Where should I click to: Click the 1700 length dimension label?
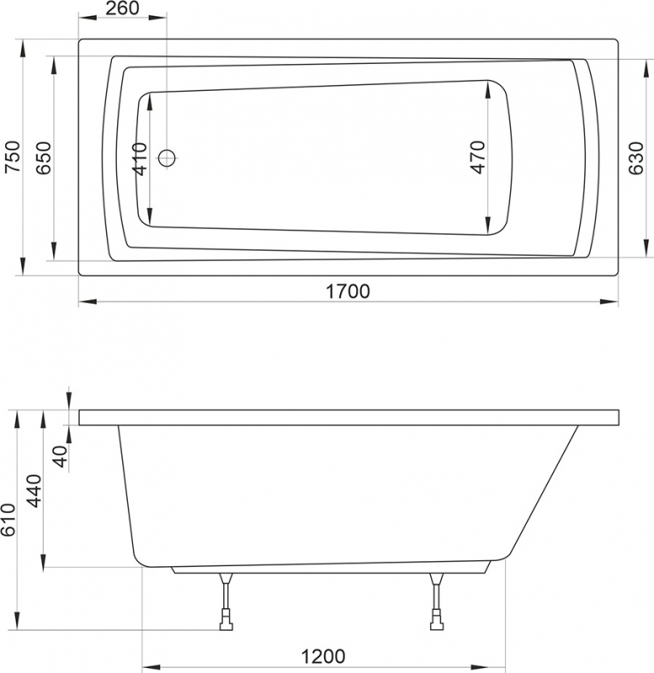[x=348, y=291]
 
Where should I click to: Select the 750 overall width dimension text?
[x=11, y=157]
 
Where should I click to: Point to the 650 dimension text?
[x=44, y=157]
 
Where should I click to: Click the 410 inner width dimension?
[x=140, y=158]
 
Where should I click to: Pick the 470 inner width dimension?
[x=477, y=157]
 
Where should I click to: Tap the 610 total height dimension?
[x=9, y=521]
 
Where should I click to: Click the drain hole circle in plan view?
[x=167, y=157]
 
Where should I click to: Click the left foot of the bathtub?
[x=225, y=625]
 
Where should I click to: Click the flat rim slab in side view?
[x=348, y=417]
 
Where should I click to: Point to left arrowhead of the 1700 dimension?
[x=85, y=300]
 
